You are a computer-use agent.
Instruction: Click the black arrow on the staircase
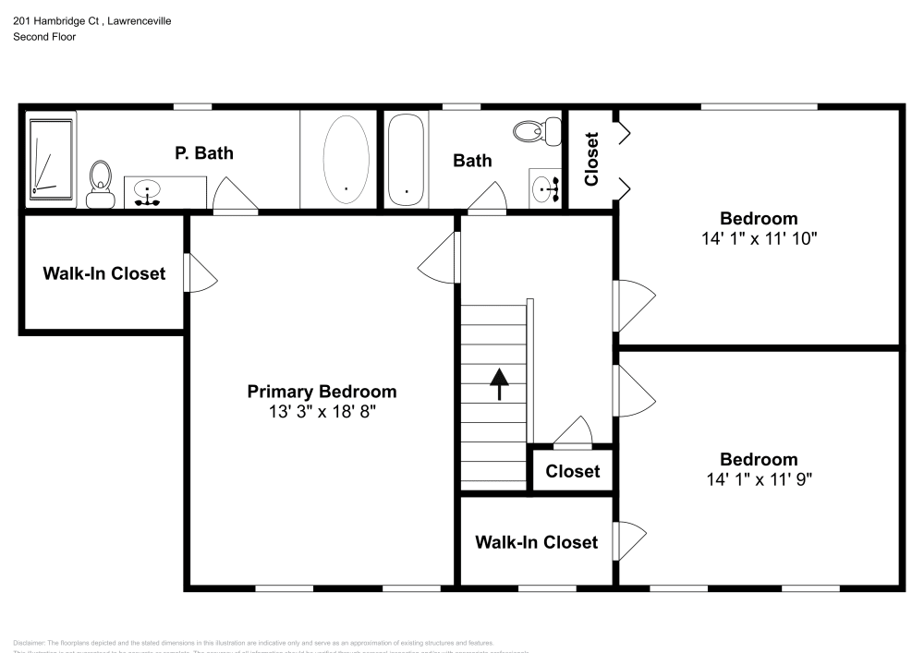(499, 383)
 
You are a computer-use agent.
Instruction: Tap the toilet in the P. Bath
(100, 183)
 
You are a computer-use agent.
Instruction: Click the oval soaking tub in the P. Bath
(346, 158)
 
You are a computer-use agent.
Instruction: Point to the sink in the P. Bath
(147, 192)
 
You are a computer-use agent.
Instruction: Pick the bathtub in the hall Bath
(406, 159)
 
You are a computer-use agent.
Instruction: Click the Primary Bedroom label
(322, 392)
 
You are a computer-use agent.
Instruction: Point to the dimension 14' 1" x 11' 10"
(759, 238)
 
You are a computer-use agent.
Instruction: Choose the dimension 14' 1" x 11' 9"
(759, 479)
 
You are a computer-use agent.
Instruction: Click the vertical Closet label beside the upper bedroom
(591, 159)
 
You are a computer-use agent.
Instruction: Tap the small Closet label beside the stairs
(572, 471)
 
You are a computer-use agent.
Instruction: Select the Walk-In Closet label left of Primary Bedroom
(104, 273)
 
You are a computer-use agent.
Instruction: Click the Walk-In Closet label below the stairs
(536, 542)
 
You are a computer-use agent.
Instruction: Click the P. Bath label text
(204, 153)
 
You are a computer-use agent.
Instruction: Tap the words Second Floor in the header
(44, 37)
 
